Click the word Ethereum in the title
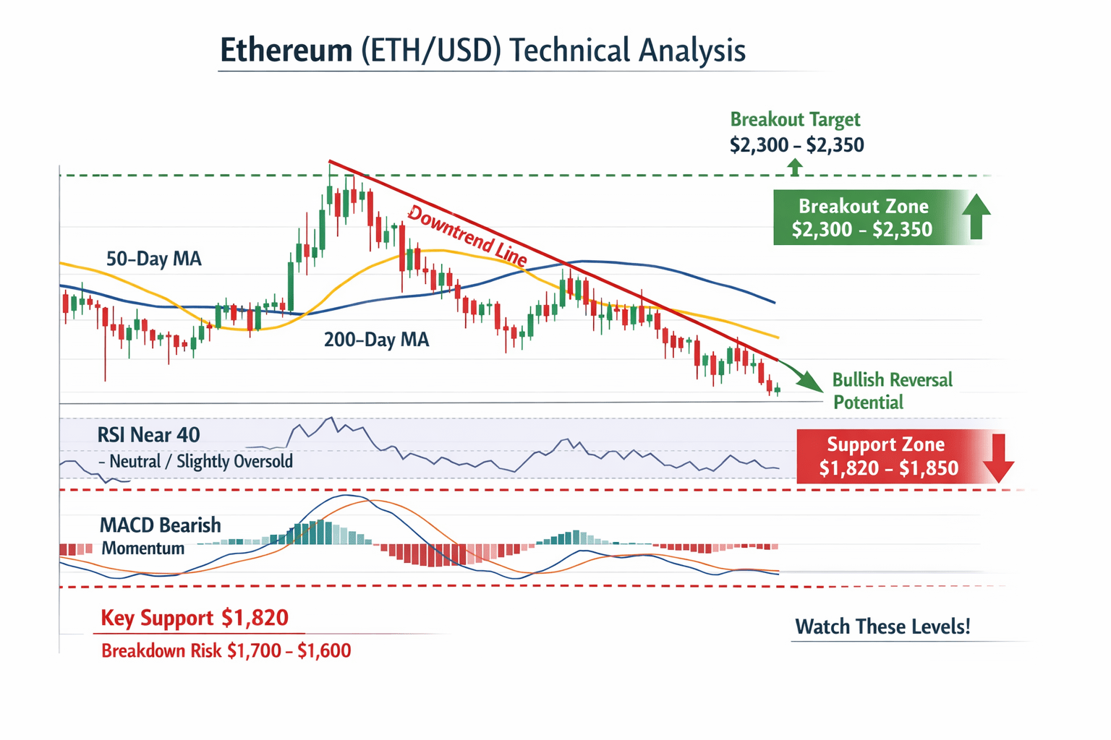(x=286, y=51)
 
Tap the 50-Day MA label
(x=153, y=259)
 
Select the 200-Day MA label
(x=376, y=339)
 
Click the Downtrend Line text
(x=467, y=235)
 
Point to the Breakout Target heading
(x=795, y=119)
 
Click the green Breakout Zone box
(x=862, y=218)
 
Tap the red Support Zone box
(x=888, y=457)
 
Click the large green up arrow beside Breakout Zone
(x=976, y=216)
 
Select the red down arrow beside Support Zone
(x=999, y=458)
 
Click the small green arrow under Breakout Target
(x=795, y=168)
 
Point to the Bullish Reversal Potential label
(x=892, y=391)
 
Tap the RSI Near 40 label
(x=148, y=434)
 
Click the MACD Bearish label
(x=160, y=525)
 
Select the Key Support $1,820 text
(x=195, y=618)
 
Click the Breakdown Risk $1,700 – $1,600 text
(x=226, y=650)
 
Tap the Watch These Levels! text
(x=882, y=627)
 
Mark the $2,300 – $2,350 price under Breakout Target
(x=796, y=145)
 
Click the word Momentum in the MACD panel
(x=142, y=548)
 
